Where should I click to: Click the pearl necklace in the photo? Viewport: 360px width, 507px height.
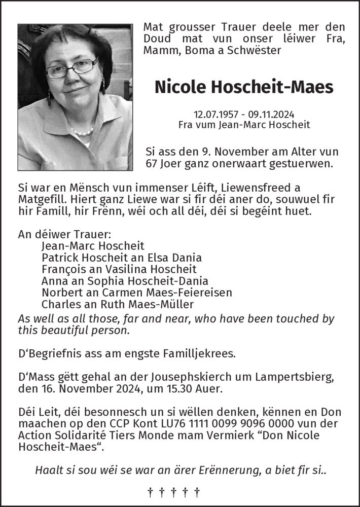pyautogui.click(x=83, y=132)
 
